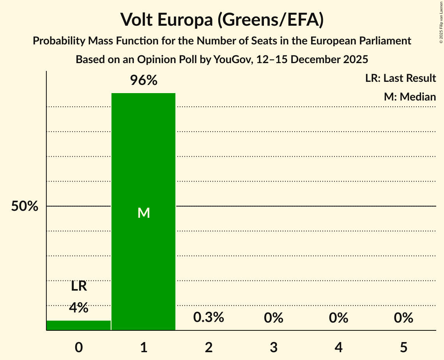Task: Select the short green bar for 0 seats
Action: coord(78,325)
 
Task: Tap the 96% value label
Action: coord(143,81)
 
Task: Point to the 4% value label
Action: coord(78,308)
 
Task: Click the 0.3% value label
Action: coord(209,318)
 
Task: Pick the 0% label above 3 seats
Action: coord(273,318)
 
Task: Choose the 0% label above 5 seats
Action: coord(403,318)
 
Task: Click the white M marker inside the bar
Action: coord(143,213)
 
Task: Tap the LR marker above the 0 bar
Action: coord(79,287)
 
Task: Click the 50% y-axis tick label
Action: coord(25,206)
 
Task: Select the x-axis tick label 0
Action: coord(79,347)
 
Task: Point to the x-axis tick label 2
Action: coord(209,347)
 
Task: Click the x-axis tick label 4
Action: coord(338,347)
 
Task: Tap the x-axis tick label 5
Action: coord(403,347)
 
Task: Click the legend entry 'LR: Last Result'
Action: coord(400,78)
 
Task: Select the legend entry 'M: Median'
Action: coord(410,97)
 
